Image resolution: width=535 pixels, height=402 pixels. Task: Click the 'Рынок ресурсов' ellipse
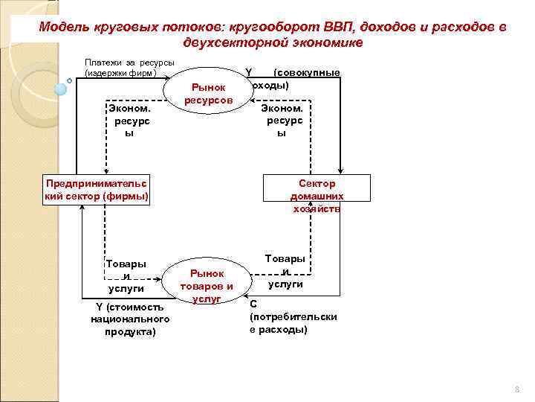[210, 94]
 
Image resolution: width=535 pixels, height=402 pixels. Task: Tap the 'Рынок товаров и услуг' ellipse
[206, 281]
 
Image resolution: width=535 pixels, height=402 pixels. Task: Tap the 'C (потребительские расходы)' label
[293, 316]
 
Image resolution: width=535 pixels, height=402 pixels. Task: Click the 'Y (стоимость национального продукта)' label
[130, 319]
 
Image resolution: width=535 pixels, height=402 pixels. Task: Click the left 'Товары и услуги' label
[126, 276]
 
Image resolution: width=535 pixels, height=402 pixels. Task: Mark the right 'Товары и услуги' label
[285, 271]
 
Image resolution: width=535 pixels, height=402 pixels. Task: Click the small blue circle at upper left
[62, 86]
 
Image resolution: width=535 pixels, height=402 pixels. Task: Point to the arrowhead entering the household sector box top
[340, 172]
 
